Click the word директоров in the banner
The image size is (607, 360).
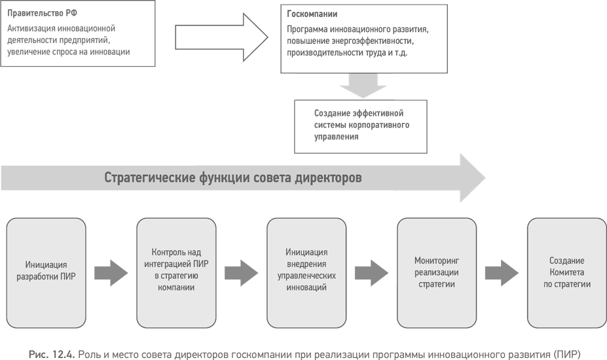tap(329, 178)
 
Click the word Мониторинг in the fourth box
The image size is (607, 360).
tap(437, 261)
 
